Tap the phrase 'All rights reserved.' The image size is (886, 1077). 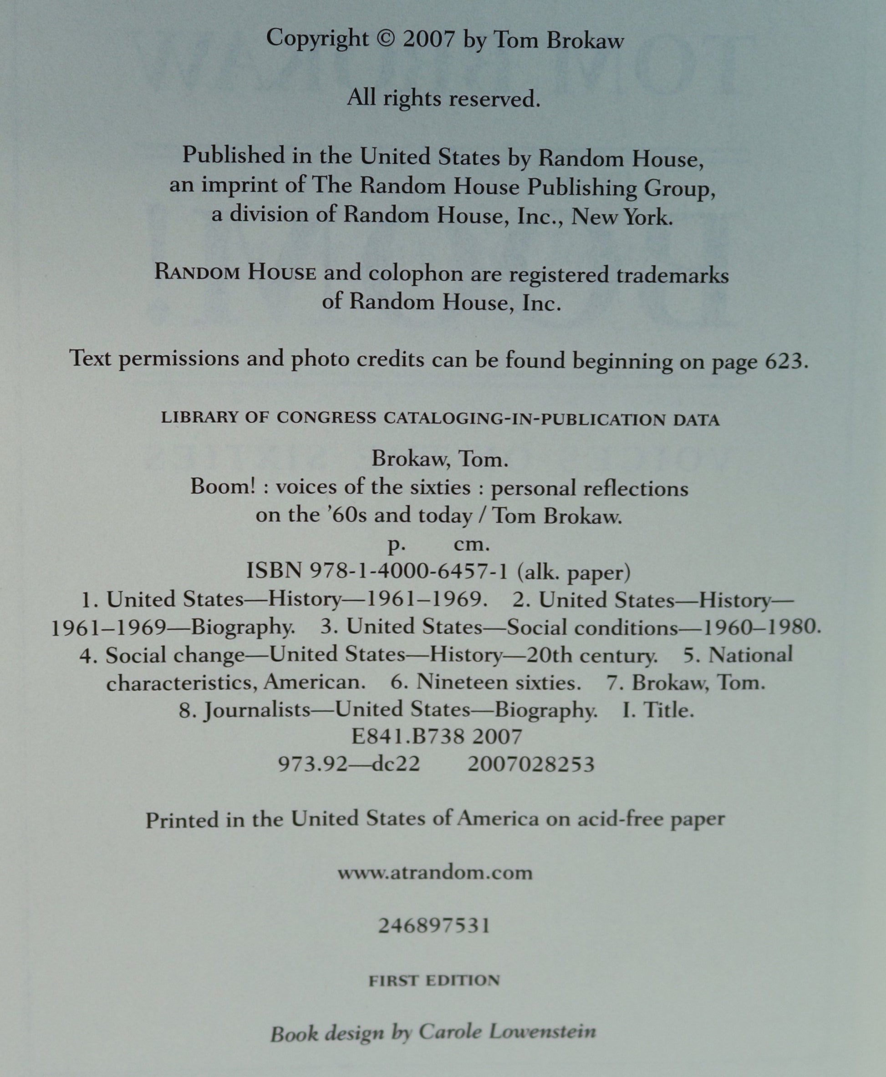pos(443,97)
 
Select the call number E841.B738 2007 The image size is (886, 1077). pos(437,736)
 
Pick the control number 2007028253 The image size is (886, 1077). pos(531,764)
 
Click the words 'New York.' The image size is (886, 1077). pos(621,217)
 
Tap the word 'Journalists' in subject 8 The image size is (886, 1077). pos(257,710)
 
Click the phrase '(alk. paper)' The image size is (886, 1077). pos(574,572)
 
